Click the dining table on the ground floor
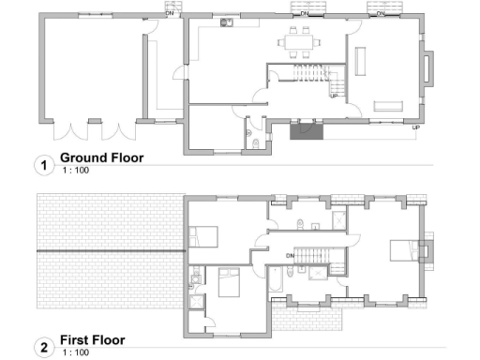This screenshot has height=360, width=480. (301, 41)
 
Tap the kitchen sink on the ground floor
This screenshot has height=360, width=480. (227, 24)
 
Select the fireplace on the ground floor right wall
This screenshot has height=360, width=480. (429, 69)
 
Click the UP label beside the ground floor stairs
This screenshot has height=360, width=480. (333, 96)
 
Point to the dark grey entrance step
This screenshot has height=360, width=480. (306, 131)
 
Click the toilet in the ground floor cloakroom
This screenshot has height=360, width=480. (257, 142)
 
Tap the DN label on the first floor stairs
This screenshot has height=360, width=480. (291, 254)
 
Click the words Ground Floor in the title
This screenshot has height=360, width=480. (101, 158)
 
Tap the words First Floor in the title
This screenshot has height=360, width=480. (92, 340)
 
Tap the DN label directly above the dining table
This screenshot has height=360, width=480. (304, 14)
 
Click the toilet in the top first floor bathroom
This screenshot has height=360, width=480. (297, 222)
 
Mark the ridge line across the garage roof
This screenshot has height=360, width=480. (110, 252)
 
